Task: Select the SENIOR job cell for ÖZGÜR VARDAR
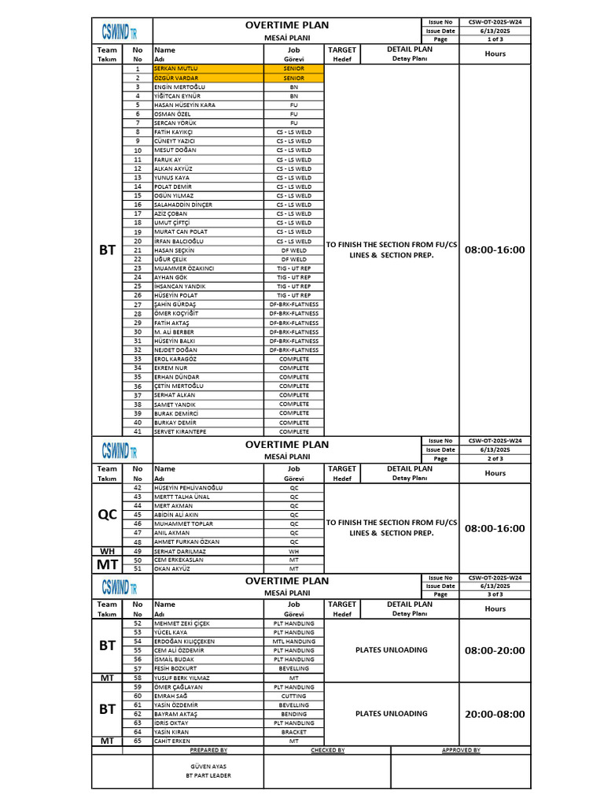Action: coord(293,78)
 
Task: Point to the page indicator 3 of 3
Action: coord(495,594)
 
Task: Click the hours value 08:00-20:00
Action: coord(495,651)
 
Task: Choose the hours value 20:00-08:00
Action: coord(495,714)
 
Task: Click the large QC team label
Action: coord(107,515)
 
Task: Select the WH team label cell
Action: coord(107,551)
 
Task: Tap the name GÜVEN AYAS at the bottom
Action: coord(208,766)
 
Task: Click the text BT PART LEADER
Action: coord(208,775)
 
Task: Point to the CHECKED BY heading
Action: coord(327,750)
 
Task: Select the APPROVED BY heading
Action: coord(461,750)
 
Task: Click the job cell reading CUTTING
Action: coord(293,696)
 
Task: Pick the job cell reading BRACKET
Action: coord(293,732)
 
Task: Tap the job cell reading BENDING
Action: coord(293,714)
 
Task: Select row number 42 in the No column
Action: coord(138,488)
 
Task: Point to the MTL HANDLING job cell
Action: coord(293,641)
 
